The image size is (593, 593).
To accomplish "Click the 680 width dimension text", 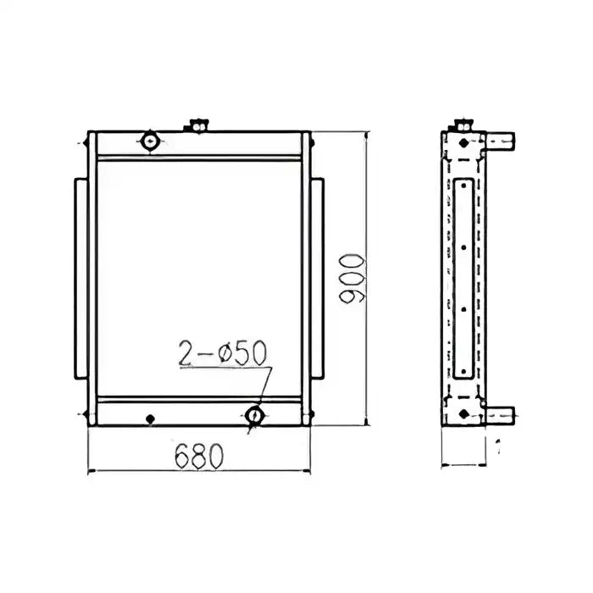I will [x=199, y=455].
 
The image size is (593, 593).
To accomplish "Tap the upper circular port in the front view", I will [x=151, y=141].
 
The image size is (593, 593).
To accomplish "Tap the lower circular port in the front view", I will [x=254, y=415].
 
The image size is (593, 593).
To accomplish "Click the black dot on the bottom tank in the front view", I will [x=150, y=417].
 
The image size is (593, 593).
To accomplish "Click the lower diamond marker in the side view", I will [x=463, y=413].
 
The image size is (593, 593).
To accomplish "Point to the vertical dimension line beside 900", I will [x=366, y=280].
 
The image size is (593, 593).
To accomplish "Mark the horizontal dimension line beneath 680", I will [x=199, y=470].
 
